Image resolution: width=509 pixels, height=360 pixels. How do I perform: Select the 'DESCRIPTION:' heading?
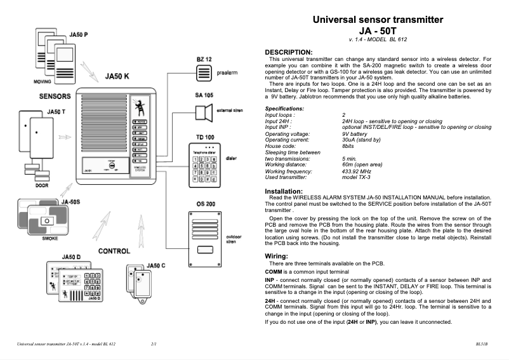[x=288, y=51]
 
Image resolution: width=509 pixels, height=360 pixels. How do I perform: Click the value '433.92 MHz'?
[x=356, y=171]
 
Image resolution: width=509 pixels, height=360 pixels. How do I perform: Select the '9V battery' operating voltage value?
[x=354, y=134]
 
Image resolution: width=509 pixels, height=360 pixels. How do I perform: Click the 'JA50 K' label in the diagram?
[x=117, y=77]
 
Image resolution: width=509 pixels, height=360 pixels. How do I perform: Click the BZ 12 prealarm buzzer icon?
[x=203, y=73]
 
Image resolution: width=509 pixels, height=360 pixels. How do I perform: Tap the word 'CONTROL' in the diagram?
[x=114, y=251]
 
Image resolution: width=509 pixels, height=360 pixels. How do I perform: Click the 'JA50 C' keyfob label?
[x=156, y=265]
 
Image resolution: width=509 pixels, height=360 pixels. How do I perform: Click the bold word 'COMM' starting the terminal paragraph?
[x=273, y=271]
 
